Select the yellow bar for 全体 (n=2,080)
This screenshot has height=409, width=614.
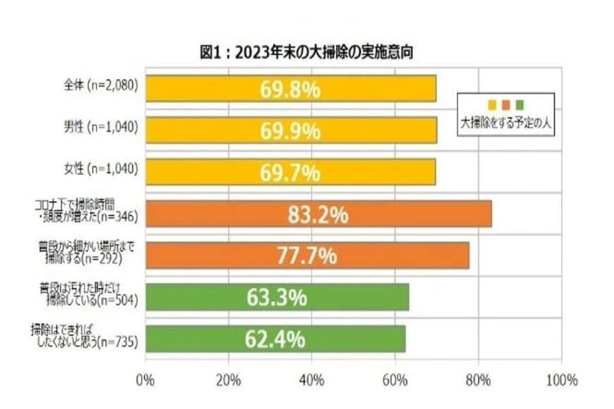[x=290, y=89]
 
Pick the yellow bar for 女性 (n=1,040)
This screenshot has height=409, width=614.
[x=290, y=171]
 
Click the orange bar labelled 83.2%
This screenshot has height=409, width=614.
[x=318, y=214]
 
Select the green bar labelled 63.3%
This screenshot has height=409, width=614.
[x=277, y=298]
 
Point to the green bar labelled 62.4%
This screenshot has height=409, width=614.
[x=275, y=339]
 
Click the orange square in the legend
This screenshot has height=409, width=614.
[x=505, y=105]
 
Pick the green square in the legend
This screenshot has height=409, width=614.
[x=519, y=105]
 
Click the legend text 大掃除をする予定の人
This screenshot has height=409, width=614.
[x=505, y=122]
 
